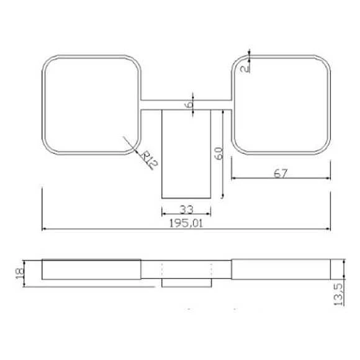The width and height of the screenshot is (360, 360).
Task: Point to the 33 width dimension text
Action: (186, 209)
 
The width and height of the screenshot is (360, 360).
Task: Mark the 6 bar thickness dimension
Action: (188, 105)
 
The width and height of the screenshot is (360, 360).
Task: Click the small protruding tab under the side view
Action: (187, 282)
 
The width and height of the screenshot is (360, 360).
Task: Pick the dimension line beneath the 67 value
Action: (281, 178)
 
